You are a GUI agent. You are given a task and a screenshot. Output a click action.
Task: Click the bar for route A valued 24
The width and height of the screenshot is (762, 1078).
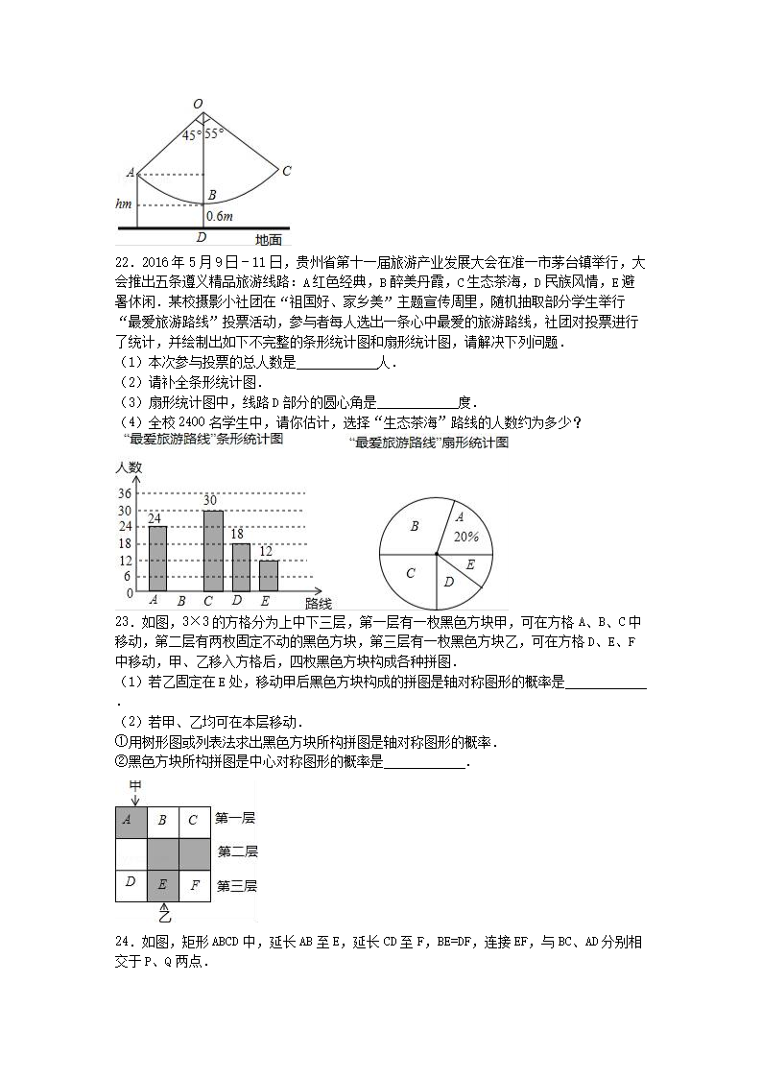(x=156, y=558)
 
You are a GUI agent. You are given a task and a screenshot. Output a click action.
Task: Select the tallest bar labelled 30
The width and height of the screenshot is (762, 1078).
(x=212, y=550)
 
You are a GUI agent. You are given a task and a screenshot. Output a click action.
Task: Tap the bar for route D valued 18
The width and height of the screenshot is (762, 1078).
(x=241, y=566)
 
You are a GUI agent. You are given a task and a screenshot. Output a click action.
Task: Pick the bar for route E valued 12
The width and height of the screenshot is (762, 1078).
(x=269, y=574)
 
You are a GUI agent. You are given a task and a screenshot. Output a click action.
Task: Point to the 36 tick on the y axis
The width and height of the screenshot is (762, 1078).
(x=124, y=493)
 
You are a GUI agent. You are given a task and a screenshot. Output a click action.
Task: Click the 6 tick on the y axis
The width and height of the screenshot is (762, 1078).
(x=127, y=576)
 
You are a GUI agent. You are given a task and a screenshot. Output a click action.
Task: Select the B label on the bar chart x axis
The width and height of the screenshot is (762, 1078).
(x=181, y=602)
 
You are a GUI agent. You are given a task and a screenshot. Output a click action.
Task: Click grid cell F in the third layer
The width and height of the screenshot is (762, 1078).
(x=194, y=885)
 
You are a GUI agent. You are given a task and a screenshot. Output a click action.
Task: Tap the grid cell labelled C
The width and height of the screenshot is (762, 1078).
(x=194, y=819)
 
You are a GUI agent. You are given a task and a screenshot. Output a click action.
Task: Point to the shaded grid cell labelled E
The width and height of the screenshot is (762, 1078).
(x=162, y=885)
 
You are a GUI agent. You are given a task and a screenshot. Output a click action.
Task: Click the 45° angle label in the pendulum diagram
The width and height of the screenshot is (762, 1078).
(x=190, y=135)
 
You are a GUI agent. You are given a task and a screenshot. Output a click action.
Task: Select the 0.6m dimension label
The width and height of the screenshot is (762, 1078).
(x=220, y=216)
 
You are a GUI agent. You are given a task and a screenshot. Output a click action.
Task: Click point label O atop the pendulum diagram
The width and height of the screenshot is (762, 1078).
(x=198, y=104)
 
